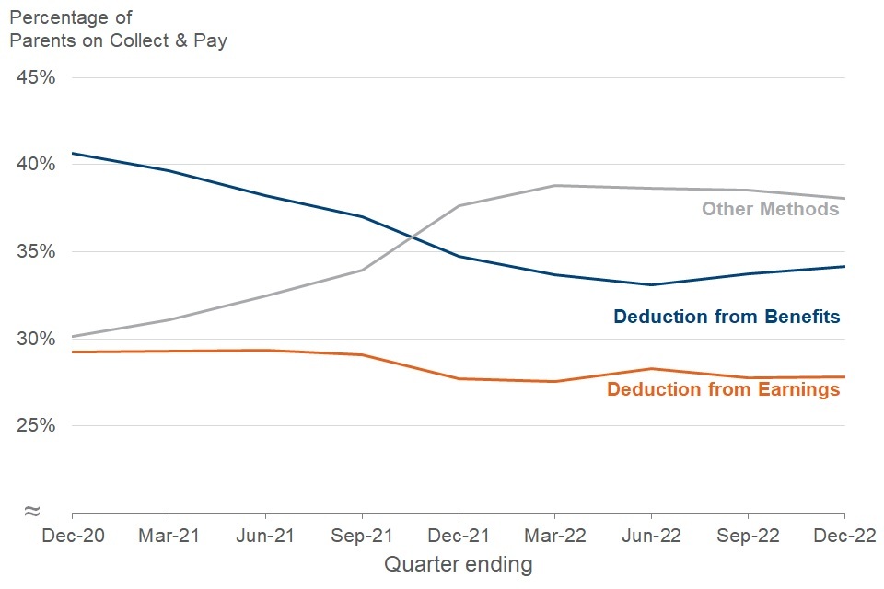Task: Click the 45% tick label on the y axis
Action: point(37,77)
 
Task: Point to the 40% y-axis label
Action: point(37,165)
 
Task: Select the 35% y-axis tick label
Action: point(37,252)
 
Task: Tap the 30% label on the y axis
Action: point(37,339)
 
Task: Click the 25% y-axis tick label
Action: point(37,426)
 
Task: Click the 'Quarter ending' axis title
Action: point(458,563)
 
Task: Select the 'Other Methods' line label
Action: point(770,209)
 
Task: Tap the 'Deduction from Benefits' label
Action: point(727,317)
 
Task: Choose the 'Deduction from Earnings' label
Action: point(723,389)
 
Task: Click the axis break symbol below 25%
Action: point(32,511)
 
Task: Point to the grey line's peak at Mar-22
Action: point(554,186)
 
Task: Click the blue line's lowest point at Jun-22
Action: point(651,284)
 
